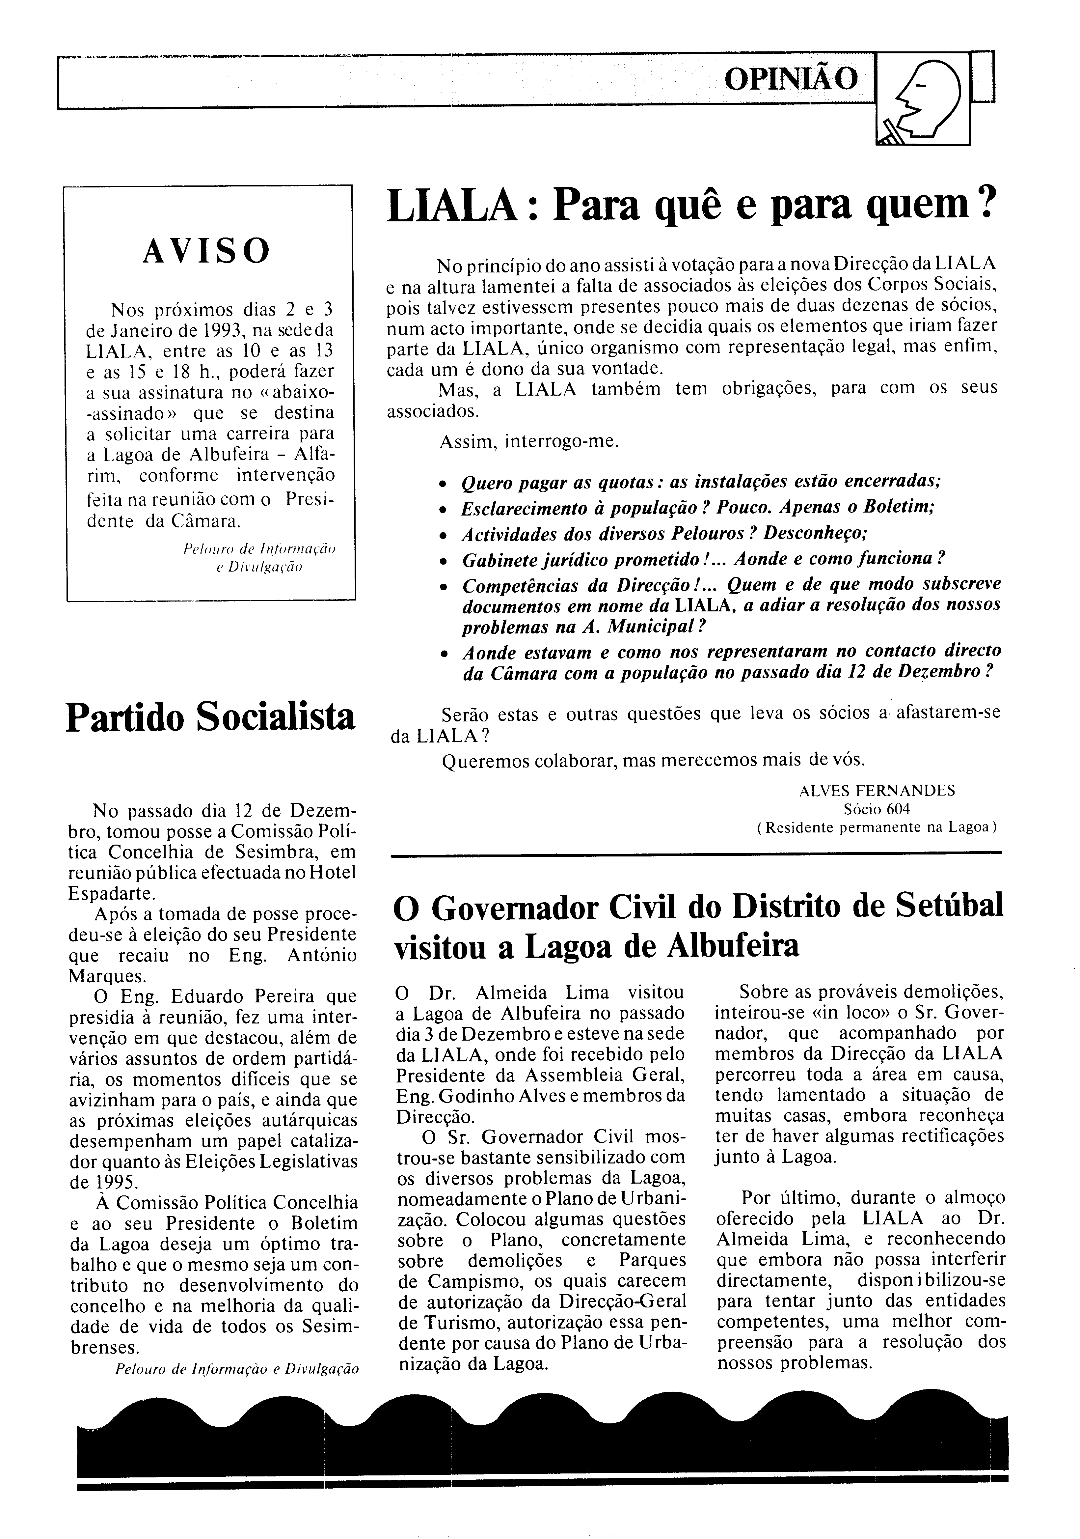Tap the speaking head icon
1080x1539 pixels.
point(923,100)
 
